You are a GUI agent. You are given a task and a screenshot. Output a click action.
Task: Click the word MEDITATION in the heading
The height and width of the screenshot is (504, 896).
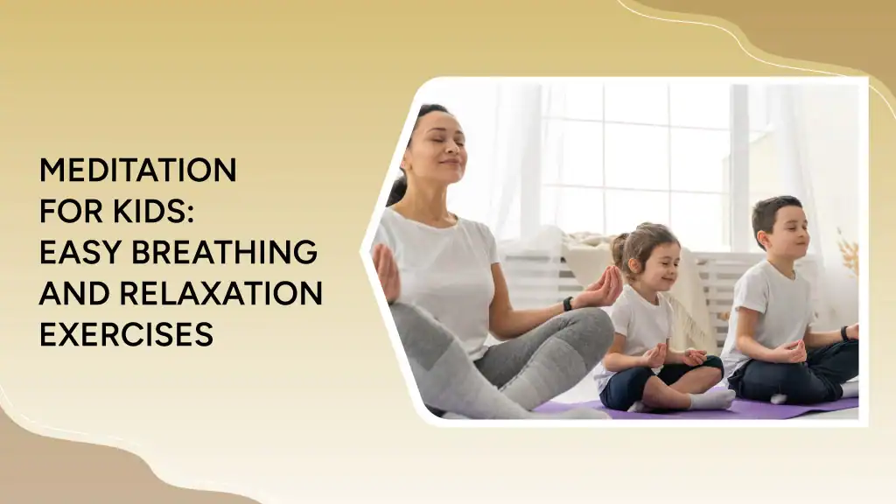137,171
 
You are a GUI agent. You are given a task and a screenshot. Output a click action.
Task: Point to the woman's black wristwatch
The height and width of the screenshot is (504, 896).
568,304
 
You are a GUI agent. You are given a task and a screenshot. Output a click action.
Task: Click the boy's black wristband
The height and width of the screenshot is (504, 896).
845,332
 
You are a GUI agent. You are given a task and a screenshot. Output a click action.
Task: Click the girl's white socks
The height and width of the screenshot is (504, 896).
710,399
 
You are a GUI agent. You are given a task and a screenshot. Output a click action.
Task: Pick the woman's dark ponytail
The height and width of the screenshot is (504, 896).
399,185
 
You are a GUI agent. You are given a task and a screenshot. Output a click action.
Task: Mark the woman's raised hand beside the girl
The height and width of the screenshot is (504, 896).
603,286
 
